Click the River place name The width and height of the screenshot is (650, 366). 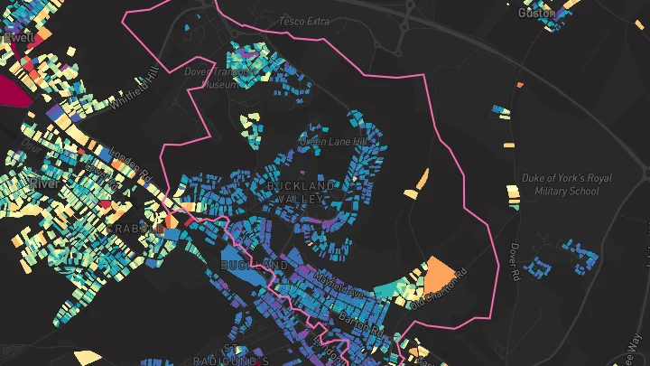pos(43,183)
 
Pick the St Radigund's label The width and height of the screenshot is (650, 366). pos(232,360)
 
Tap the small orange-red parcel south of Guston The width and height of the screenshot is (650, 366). pos(520,86)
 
